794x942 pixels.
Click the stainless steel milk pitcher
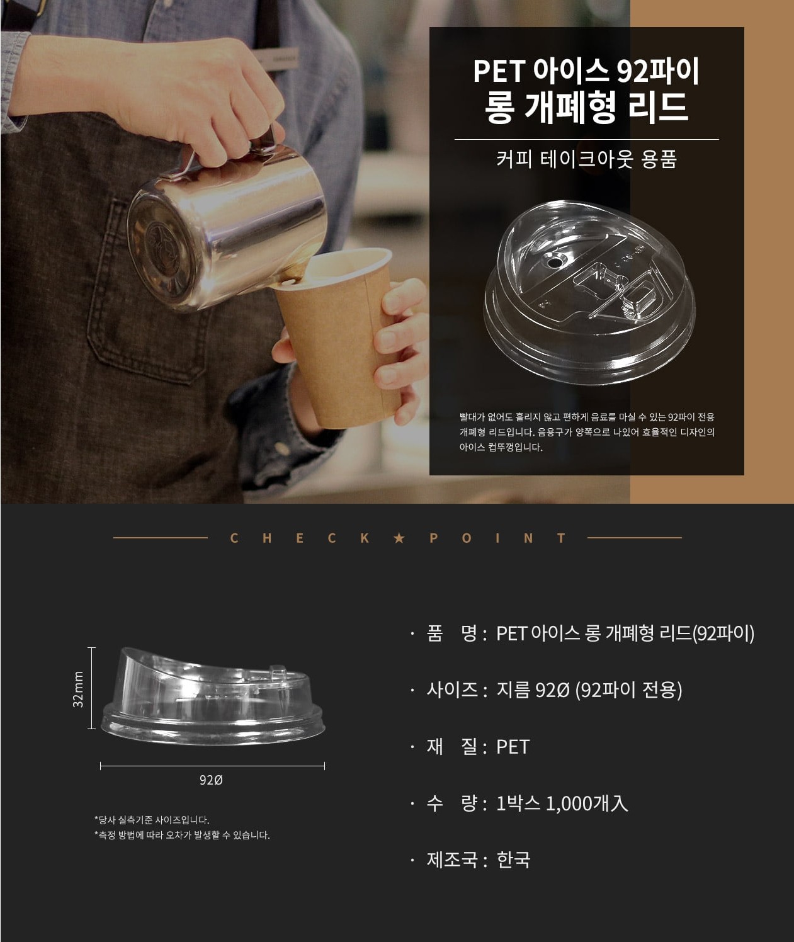(x=225, y=225)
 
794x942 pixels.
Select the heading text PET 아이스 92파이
(x=586, y=71)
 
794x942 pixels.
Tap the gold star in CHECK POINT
(x=399, y=538)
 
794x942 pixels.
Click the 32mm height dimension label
(x=79, y=689)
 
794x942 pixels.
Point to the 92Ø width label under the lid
(x=211, y=780)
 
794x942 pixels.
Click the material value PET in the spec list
(x=513, y=747)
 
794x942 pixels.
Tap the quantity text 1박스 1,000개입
(x=562, y=803)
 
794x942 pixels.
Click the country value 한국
(x=513, y=860)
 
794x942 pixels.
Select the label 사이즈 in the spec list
(x=452, y=689)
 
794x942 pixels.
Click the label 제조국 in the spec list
(x=452, y=860)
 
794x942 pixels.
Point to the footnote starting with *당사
(x=152, y=820)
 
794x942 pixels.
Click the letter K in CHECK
(x=365, y=538)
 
